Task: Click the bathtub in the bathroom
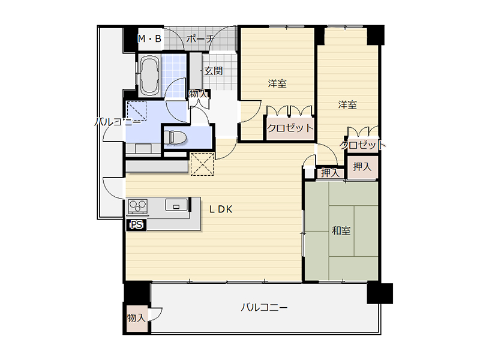tap(149, 76)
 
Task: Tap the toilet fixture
tap(175, 137)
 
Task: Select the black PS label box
tap(137, 225)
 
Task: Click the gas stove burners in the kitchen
tap(138, 206)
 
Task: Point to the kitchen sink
tap(176, 205)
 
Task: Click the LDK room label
tap(221, 209)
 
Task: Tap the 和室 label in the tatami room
tap(341, 230)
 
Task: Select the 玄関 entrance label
tap(214, 71)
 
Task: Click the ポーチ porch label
tap(200, 39)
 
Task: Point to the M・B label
tap(149, 39)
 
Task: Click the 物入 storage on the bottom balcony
tap(136, 318)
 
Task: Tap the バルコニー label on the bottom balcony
tap(264, 307)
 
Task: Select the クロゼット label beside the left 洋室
tap(290, 128)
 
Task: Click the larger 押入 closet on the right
tap(362, 167)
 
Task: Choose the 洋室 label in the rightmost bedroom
tap(347, 104)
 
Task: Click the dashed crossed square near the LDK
tap(202, 164)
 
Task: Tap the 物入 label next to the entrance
tap(198, 94)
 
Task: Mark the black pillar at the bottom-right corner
tap(380, 293)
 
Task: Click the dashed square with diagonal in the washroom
tap(137, 111)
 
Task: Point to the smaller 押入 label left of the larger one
tap(331, 173)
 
